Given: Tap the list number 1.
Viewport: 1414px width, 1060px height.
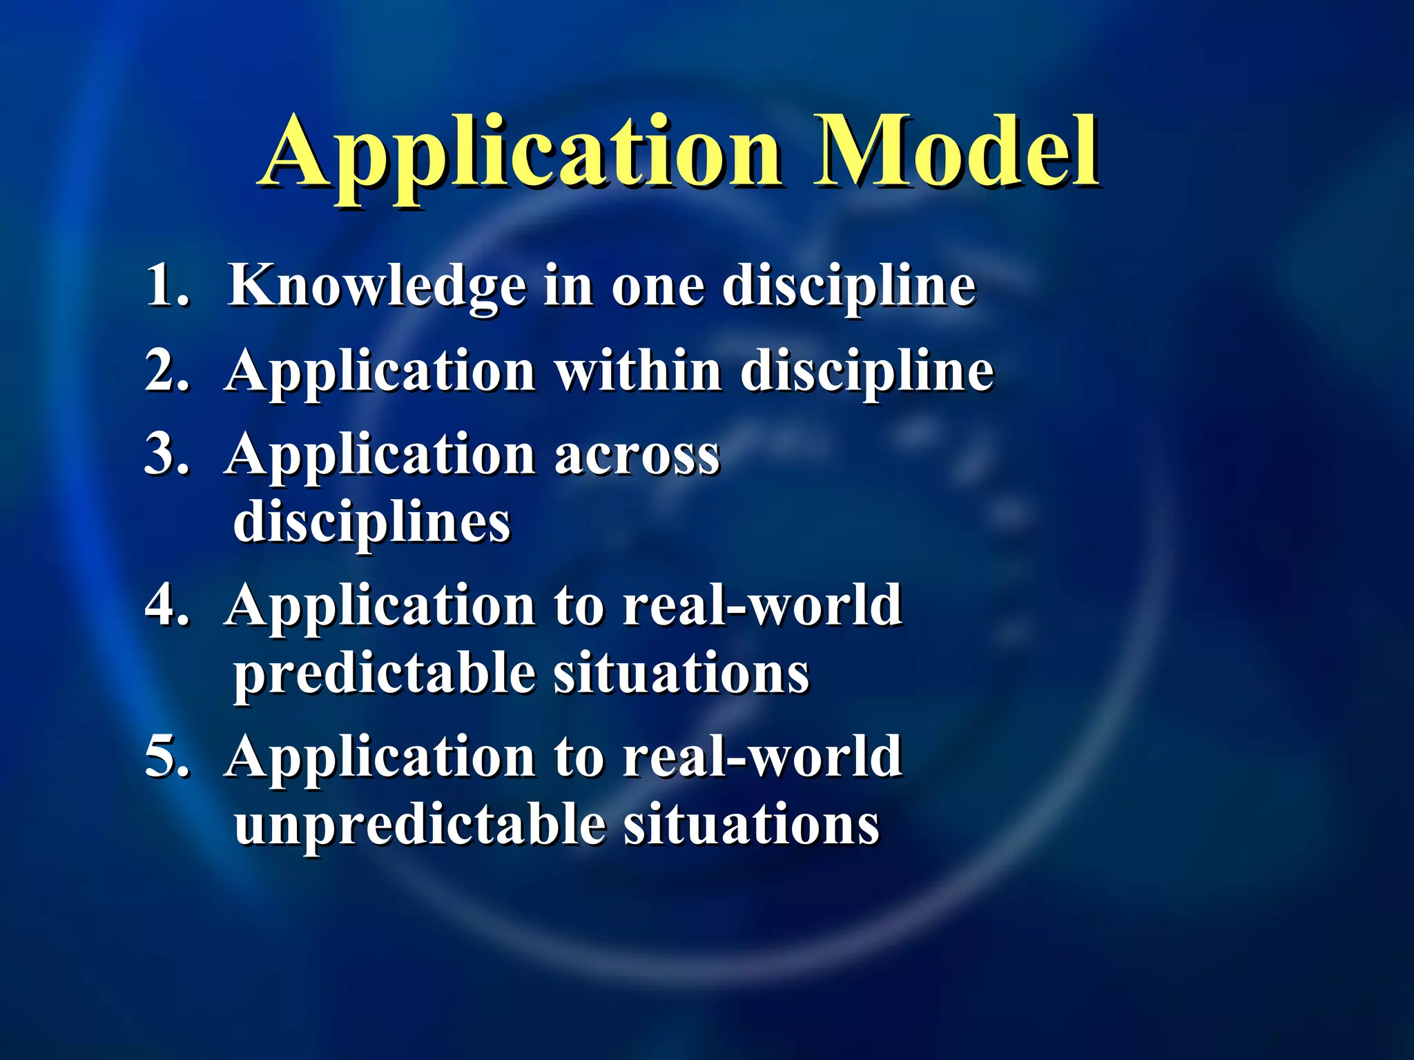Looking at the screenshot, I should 166,285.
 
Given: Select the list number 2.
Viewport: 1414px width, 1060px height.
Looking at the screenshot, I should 166,371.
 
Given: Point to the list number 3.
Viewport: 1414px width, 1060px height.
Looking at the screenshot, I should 166,455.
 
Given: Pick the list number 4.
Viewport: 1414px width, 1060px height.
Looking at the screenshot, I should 166,605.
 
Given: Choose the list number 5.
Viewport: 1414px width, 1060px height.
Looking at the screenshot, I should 166,757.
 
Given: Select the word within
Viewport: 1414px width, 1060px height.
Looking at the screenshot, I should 639,371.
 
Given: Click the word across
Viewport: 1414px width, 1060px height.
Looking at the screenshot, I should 637,456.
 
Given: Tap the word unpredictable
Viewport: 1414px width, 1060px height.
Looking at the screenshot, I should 419,826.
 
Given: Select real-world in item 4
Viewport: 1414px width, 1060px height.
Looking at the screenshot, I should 762,605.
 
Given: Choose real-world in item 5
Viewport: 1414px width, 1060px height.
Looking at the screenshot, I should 762,757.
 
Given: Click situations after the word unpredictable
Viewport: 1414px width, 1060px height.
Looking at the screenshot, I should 751,826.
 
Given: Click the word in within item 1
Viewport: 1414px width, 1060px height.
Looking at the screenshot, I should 568,285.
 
